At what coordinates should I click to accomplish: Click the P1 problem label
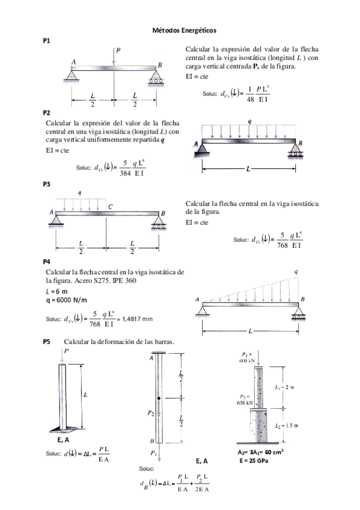47,40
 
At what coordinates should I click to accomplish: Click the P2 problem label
47,112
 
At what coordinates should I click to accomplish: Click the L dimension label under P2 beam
248,169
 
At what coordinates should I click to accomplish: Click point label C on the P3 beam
110,206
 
